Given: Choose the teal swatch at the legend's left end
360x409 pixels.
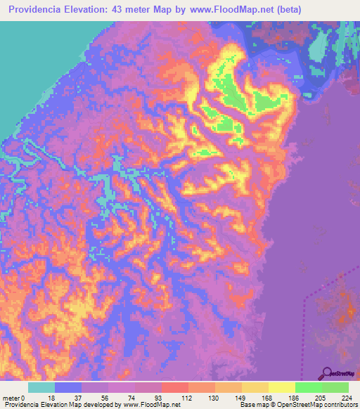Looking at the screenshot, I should coord(41,387).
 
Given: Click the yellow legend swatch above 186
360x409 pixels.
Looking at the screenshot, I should coord(282,387).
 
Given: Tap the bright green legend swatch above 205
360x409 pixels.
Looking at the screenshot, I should coord(309,387).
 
